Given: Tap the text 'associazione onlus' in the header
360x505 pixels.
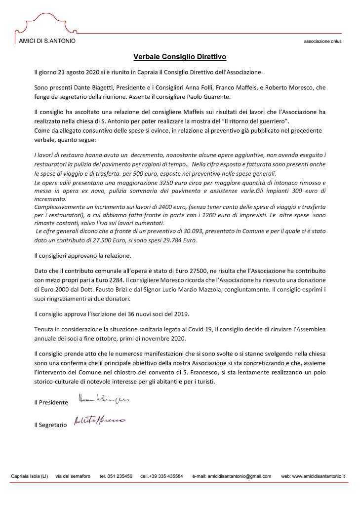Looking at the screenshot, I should coord(322,41).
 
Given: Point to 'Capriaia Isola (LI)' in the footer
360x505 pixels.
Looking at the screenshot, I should coord(30,476).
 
